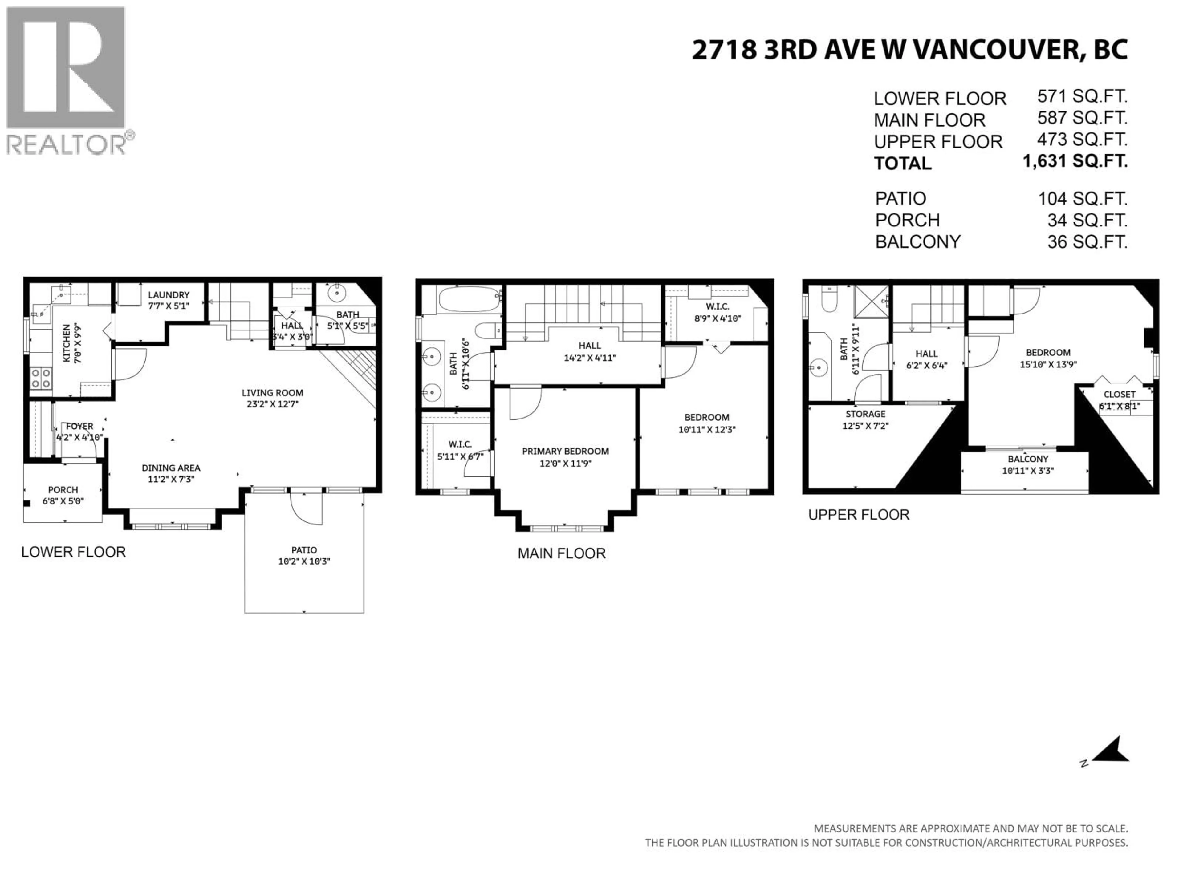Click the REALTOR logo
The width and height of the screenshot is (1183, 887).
point(67,80)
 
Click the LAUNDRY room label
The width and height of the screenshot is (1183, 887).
point(169,295)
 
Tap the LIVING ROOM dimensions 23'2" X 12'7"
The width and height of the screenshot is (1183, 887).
point(272,404)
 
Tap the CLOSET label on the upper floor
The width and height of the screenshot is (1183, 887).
point(1119,395)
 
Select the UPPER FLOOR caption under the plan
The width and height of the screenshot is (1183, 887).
point(858,515)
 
